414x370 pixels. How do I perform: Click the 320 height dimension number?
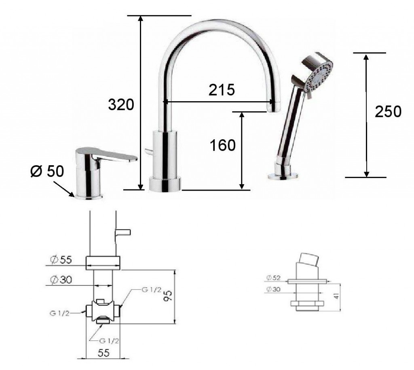click(121, 105)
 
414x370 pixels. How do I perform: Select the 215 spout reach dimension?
click(222, 90)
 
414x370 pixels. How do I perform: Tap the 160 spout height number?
click(222, 145)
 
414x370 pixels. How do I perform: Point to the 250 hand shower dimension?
click(388, 112)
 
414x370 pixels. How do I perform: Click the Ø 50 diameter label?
click(47, 172)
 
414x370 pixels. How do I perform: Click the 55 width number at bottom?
click(103, 353)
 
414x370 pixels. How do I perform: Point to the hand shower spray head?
click(319, 75)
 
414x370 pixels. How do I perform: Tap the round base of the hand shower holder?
click(283, 176)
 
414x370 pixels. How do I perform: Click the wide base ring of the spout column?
click(165, 184)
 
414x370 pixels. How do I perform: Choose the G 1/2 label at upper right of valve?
click(152, 290)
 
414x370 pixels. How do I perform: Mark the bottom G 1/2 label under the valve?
click(108, 340)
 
